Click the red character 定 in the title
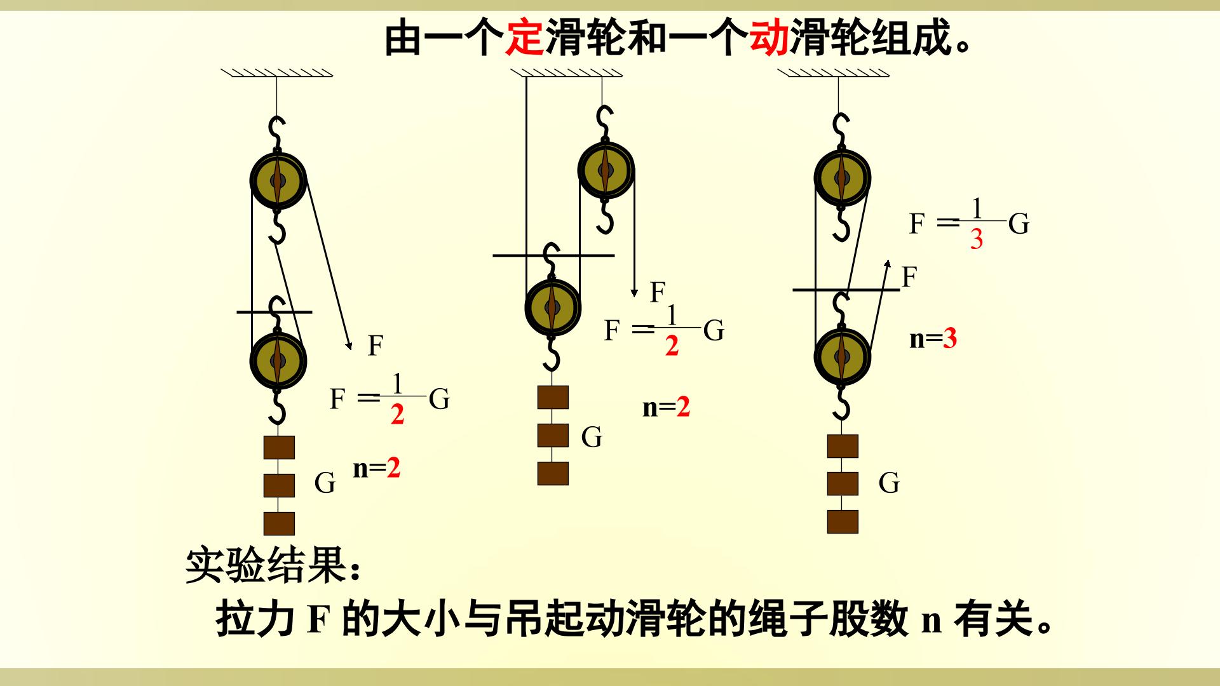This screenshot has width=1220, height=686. point(524,37)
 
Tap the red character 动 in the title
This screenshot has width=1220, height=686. point(769,37)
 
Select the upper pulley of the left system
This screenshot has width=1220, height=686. point(278,180)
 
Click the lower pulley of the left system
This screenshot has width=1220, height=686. point(278,360)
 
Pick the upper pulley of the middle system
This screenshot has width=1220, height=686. point(606,170)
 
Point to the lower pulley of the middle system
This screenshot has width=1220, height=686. point(553,307)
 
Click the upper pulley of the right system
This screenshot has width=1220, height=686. point(842,177)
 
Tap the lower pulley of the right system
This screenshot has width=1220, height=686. point(842,356)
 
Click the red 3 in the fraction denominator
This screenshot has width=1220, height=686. point(977,239)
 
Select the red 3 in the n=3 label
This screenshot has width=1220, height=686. point(950,339)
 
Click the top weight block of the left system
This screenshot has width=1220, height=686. point(280,447)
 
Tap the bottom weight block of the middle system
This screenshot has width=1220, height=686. point(553,473)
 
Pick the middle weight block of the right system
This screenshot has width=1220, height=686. point(843,483)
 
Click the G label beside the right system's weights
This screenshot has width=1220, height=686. point(889,483)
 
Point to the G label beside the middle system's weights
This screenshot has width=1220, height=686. point(592,437)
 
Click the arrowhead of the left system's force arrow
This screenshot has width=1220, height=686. point(348,346)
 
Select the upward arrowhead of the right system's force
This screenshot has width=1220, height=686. point(888,264)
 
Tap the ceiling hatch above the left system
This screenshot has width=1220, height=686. point(277,72)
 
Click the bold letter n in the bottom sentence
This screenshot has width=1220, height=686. point(931,619)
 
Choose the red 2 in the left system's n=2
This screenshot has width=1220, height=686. point(393,468)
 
